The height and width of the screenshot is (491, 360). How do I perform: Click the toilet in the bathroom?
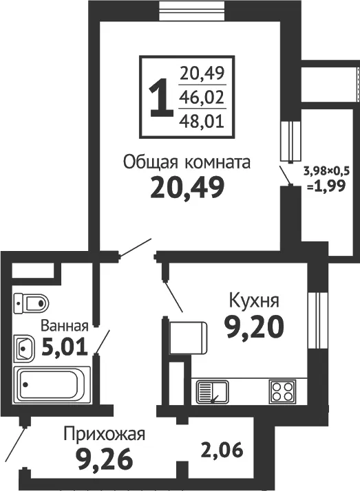32,303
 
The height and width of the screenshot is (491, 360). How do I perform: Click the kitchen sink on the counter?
213,392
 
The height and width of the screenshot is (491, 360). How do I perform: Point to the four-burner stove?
282,391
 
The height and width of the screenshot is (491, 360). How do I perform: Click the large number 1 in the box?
161,98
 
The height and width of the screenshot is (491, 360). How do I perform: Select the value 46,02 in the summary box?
202,97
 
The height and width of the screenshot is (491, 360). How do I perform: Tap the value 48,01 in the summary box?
202,120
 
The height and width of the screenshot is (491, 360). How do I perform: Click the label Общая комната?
187,162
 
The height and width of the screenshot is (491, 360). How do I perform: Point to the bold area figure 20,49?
187,187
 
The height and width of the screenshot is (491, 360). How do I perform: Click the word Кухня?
254,301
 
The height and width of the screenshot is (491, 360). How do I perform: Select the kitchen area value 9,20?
255,327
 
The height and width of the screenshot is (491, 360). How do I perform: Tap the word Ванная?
65,326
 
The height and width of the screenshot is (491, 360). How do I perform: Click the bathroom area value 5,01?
65,348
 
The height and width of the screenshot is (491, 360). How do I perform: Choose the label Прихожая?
105,435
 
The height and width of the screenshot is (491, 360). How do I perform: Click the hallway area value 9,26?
105,459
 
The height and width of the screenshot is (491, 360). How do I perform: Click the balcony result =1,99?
326,186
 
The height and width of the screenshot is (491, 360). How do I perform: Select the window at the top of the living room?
192,10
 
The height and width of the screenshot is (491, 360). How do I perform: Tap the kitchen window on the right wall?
318,320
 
